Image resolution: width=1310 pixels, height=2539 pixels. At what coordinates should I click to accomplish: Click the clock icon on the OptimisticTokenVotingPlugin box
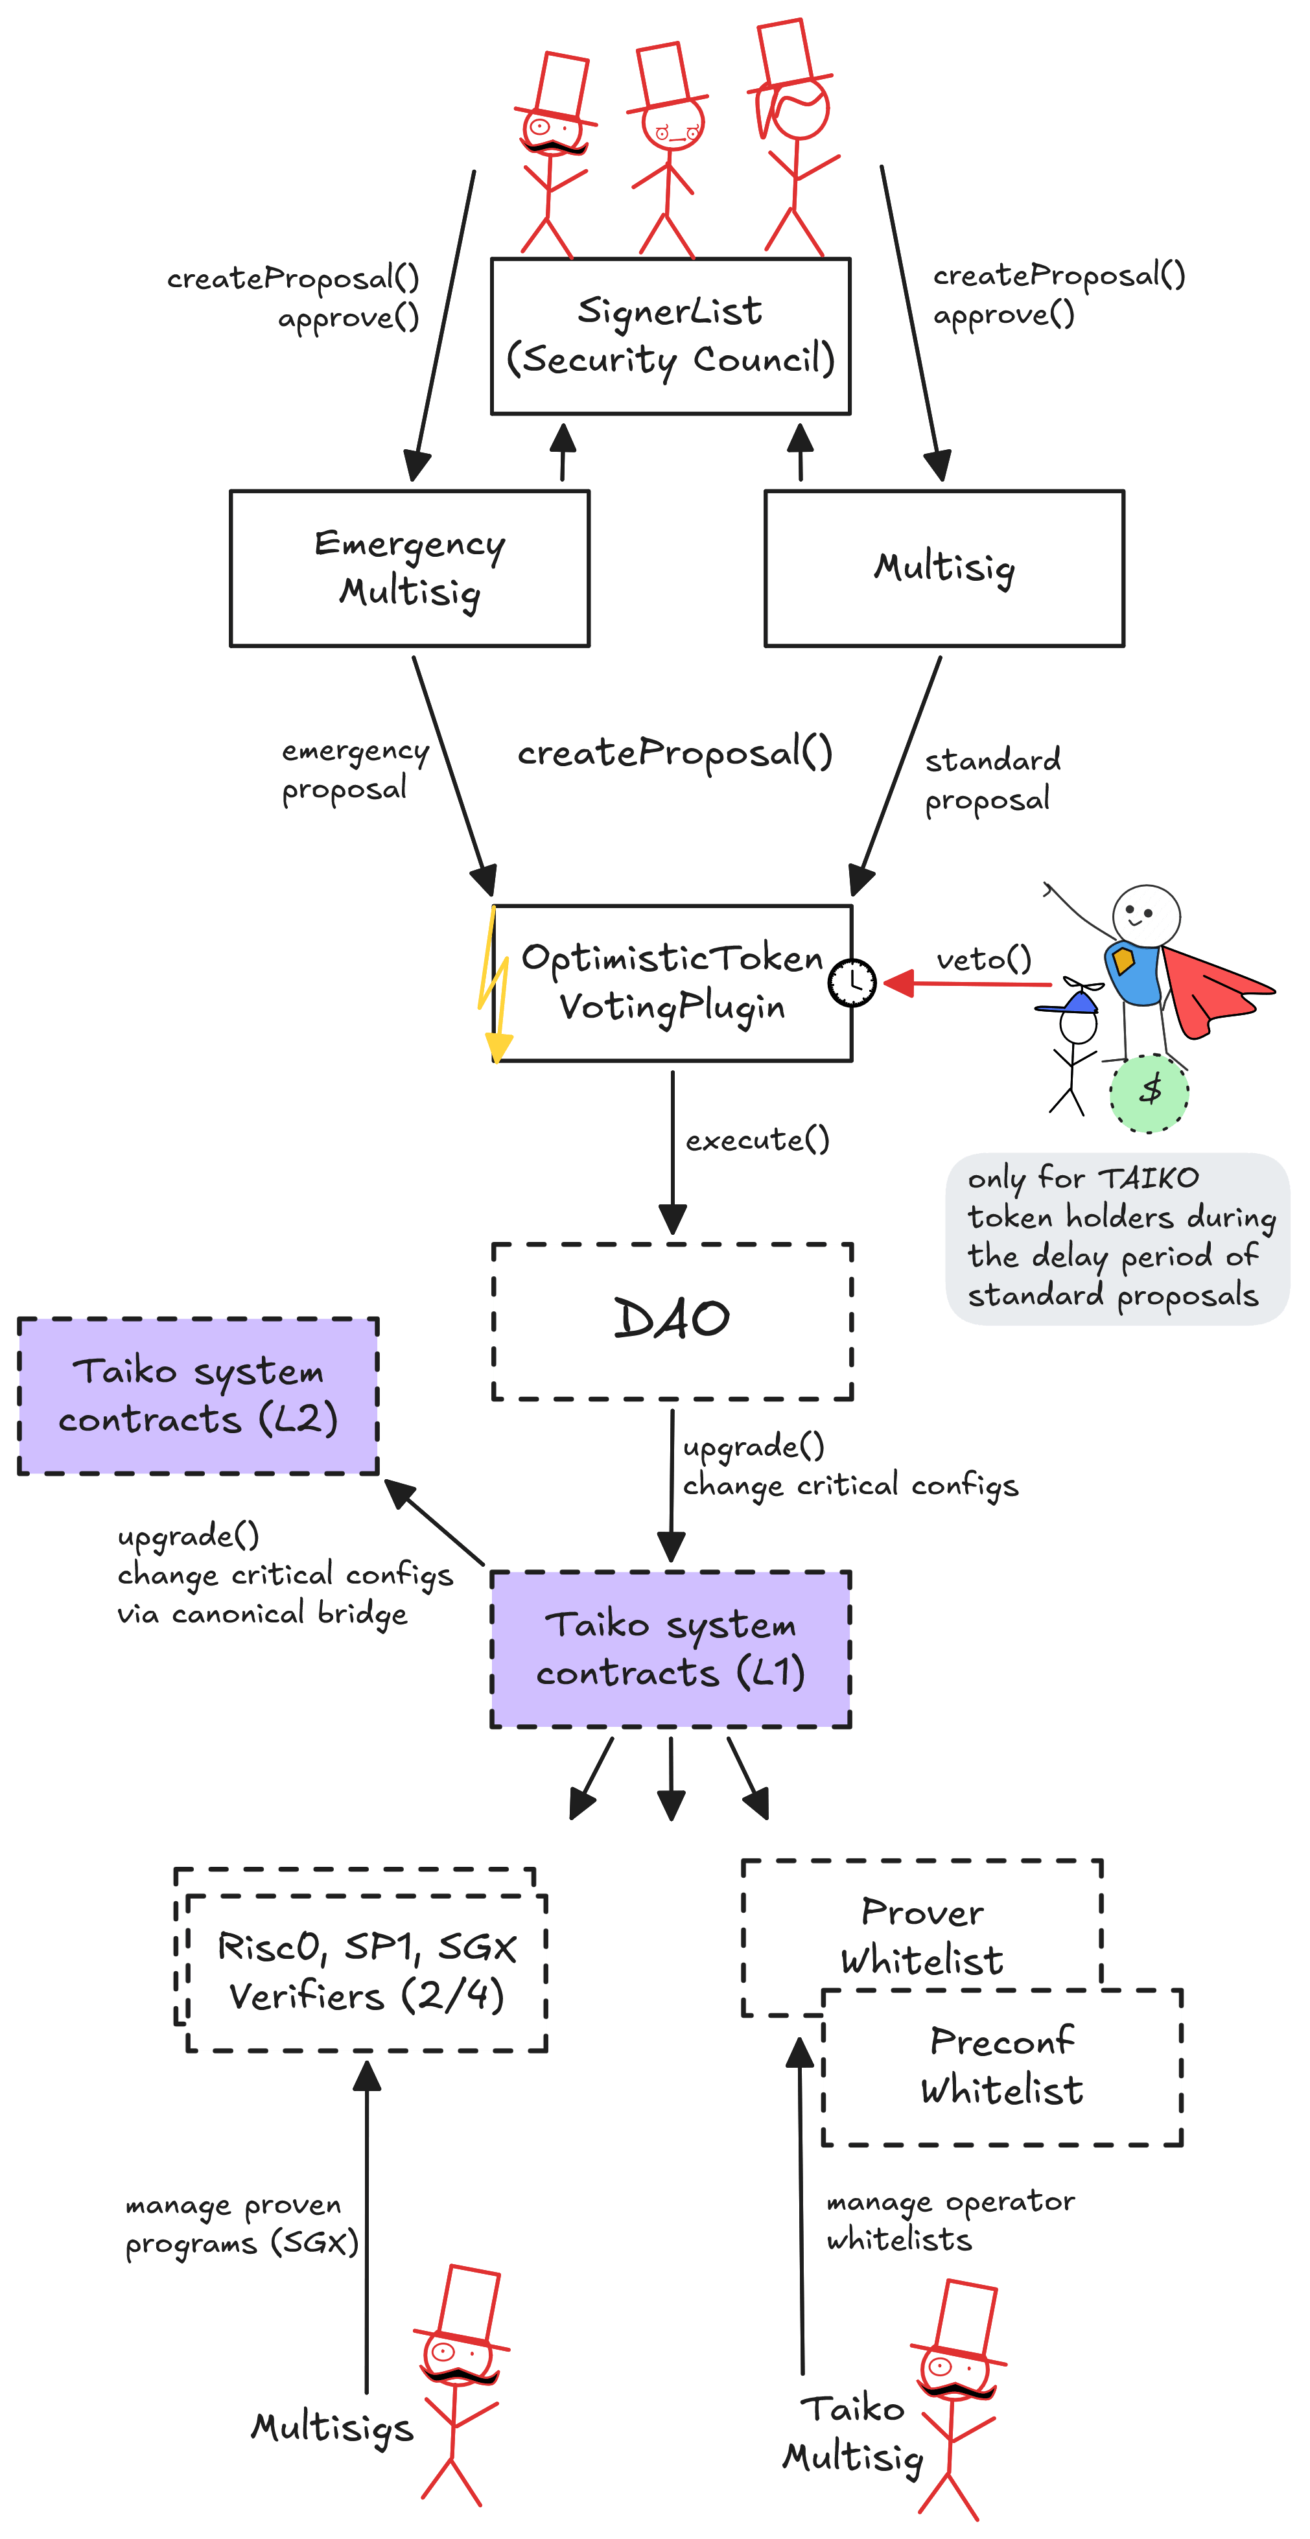852,983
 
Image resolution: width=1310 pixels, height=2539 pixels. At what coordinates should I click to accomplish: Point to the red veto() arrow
967,983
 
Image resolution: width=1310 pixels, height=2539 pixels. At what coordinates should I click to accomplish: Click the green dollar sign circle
1149,1093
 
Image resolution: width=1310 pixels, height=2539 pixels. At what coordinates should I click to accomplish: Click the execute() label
757,1140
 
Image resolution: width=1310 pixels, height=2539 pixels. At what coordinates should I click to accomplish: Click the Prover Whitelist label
922,1936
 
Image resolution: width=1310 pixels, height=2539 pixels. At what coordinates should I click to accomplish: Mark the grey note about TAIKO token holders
1117,1239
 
